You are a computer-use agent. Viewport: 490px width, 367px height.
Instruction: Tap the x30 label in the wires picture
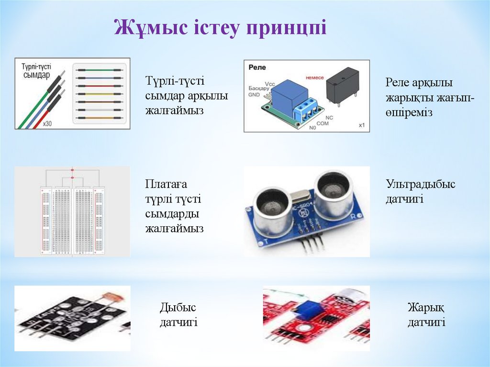pyautogui.click(x=47, y=123)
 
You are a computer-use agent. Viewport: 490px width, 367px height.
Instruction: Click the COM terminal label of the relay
pyautogui.click(x=323, y=123)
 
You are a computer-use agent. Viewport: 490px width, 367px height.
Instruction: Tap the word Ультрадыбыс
pyautogui.click(x=421, y=184)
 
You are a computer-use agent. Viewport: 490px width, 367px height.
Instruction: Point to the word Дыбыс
pyautogui.click(x=178, y=307)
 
